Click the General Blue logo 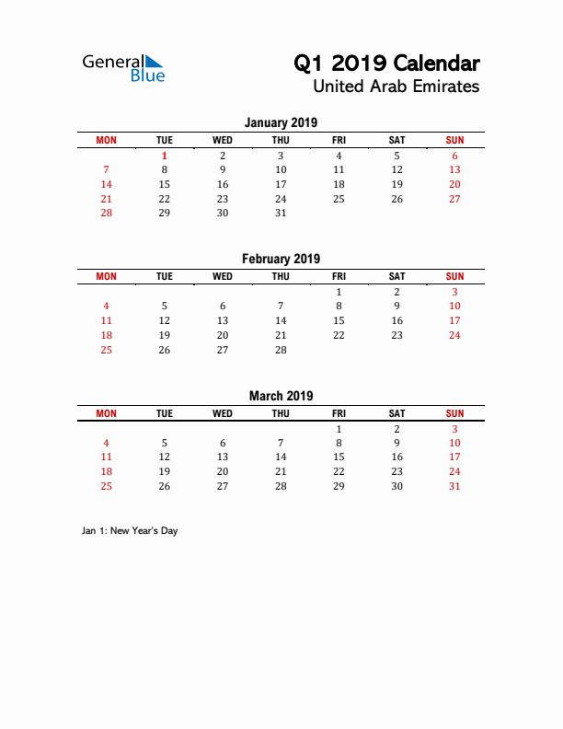point(123,68)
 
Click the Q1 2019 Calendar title point(386,64)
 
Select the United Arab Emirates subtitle point(396,87)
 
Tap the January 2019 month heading point(281,122)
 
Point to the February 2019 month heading point(281,259)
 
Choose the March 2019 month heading point(281,396)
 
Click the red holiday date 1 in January point(165,156)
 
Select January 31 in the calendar point(281,213)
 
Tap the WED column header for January point(223,140)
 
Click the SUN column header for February point(454,276)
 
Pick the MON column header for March point(107,413)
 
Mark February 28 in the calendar point(281,350)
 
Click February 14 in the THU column point(281,320)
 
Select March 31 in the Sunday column point(454,486)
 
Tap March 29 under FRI point(339,486)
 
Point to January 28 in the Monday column point(107,213)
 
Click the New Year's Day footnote point(129,531)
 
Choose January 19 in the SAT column point(396,184)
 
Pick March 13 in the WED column point(223,457)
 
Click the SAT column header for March point(396,413)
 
